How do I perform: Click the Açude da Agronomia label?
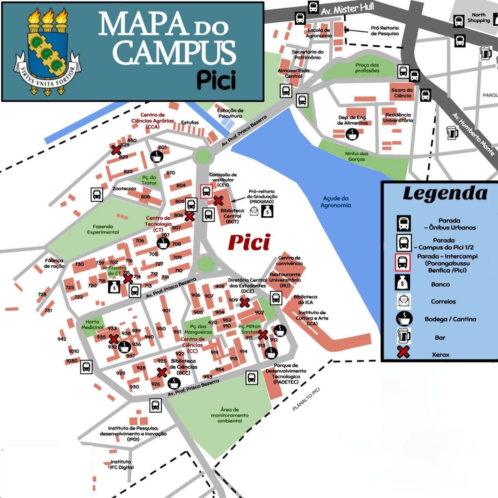click(336, 202)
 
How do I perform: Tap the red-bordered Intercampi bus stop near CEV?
click(206, 191)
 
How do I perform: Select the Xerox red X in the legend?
click(403, 352)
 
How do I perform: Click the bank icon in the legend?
click(402, 283)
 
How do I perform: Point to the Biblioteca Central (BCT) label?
click(232, 216)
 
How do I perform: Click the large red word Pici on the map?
click(249, 243)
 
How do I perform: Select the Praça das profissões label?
click(367, 68)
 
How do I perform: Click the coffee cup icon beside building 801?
click(157, 157)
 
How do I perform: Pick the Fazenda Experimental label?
click(103, 229)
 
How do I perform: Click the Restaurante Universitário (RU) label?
click(285, 280)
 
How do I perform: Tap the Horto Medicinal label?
click(92, 325)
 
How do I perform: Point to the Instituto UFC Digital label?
click(121, 464)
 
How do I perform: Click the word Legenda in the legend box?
click(445, 194)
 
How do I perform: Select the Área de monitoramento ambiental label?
click(230, 415)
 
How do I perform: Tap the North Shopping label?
click(479, 18)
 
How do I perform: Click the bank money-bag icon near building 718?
click(114, 287)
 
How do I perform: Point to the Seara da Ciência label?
click(402, 93)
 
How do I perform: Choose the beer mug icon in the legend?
click(404, 336)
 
